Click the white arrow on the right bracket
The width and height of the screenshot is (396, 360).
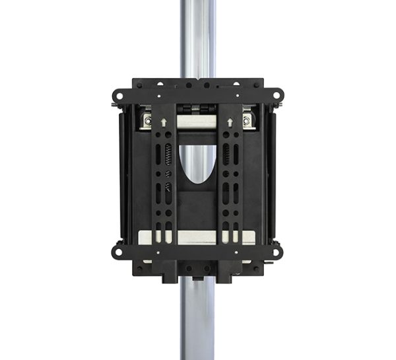230,121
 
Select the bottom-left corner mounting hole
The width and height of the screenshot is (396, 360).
119,251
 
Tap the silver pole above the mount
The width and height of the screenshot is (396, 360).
197,40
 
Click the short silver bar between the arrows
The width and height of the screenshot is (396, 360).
197,123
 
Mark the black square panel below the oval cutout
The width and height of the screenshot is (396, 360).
197,205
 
